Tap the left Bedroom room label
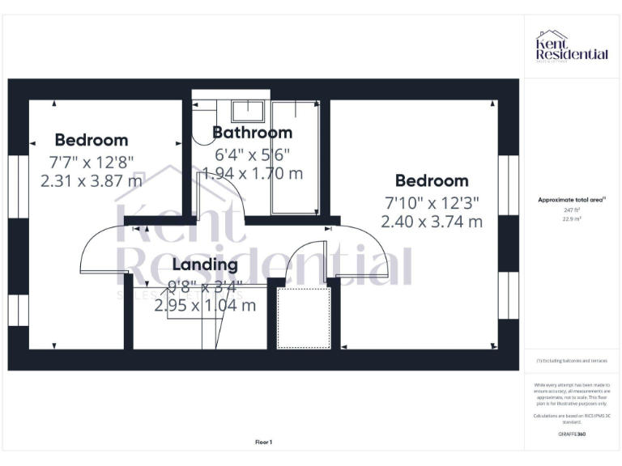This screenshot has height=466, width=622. (91, 140)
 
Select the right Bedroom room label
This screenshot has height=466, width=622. (431, 180)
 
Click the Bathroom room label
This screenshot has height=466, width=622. (252, 133)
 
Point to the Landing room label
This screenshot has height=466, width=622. (205, 265)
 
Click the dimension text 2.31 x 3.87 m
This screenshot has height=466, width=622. (91, 180)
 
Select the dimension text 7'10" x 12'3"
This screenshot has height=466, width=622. (431, 201)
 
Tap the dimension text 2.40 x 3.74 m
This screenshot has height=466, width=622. (431, 221)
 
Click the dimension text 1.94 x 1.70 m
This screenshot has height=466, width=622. (252, 173)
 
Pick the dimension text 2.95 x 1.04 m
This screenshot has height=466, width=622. (205, 306)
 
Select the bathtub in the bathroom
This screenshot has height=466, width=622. (295, 158)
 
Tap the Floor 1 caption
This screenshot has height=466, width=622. (263, 442)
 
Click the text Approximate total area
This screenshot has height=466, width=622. (572, 200)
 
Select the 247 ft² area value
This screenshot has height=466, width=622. (572, 210)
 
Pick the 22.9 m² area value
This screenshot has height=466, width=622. (572, 218)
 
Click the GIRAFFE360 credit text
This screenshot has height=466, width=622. (572, 434)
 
